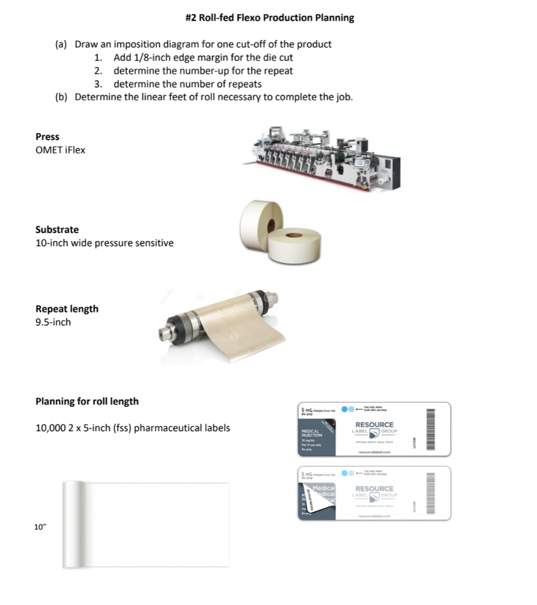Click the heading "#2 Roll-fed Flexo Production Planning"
pos(270,18)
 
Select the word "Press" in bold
pos(47,137)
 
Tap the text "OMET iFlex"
pos(60,150)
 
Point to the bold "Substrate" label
pos(57,230)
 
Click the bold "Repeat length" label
pos(67,309)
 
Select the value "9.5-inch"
pos(53,323)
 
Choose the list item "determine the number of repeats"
pos(187,84)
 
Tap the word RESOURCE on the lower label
pos(374,489)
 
